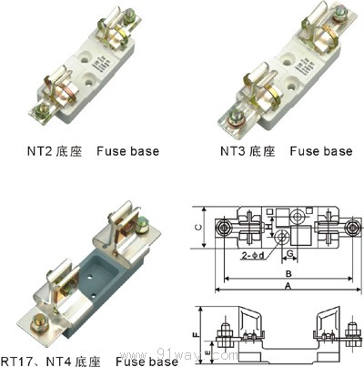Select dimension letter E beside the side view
(x=208, y=346)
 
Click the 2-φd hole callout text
(x=258, y=256)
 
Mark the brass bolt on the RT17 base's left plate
(x=38, y=321)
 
